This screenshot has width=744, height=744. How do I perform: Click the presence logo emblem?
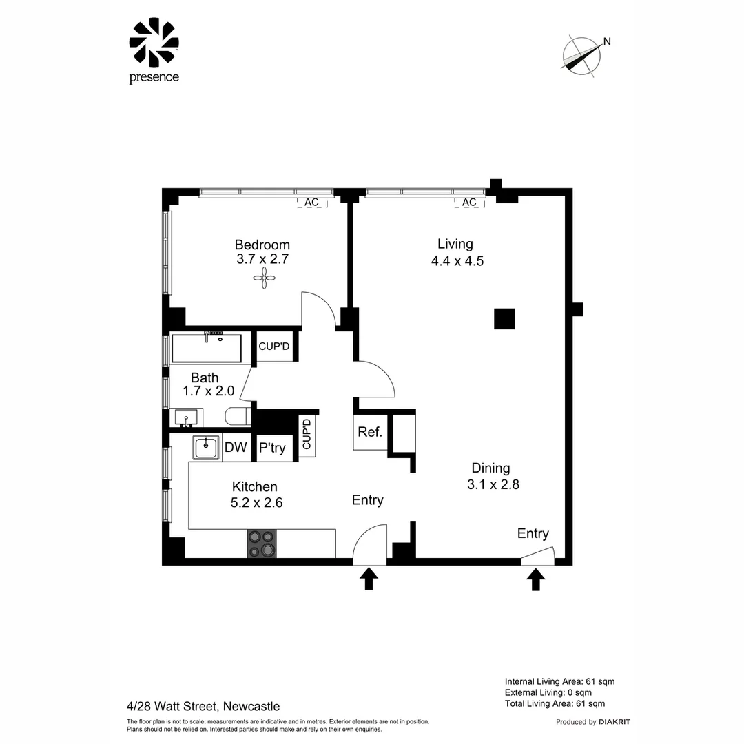coord(154,43)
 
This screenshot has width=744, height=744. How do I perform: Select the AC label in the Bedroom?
coord(311,203)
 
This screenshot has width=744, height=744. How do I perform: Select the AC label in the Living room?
coord(469,203)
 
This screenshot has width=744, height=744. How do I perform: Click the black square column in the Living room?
coord(504,319)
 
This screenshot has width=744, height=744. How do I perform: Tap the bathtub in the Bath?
coord(206,349)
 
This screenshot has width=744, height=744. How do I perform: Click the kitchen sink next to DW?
coord(205,448)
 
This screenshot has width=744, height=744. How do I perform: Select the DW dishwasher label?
coord(236,448)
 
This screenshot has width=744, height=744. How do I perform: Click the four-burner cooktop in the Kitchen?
coord(262,544)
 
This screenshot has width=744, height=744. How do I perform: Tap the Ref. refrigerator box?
coord(369,433)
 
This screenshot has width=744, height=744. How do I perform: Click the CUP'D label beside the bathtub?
coord(274,347)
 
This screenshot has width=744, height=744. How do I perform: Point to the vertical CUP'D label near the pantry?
coord(307,435)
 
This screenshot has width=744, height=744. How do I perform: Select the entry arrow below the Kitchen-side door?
coord(369,579)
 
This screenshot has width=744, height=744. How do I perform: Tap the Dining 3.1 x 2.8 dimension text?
coord(493,476)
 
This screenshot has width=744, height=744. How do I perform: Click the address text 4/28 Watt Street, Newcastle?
coord(203,706)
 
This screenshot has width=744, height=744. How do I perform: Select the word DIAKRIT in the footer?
coord(614,722)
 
